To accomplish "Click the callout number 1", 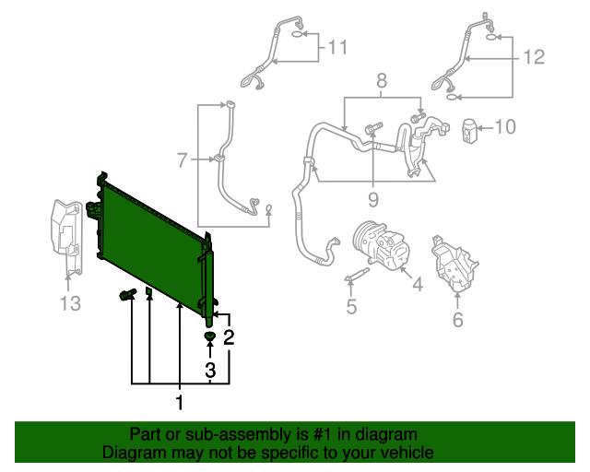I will point(180,402).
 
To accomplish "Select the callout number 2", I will point(229,337).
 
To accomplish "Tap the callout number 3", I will point(210,370).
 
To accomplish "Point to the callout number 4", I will point(417,284).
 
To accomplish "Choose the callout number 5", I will point(351,306).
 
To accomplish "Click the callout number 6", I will point(458,320).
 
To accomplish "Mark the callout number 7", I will point(183,159).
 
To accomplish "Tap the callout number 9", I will point(373,197).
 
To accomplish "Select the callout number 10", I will point(507,126).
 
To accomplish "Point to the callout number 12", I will point(535,57).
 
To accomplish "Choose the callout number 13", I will point(71,302).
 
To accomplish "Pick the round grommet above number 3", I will point(210,337).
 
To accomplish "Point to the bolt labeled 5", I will point(356,275).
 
